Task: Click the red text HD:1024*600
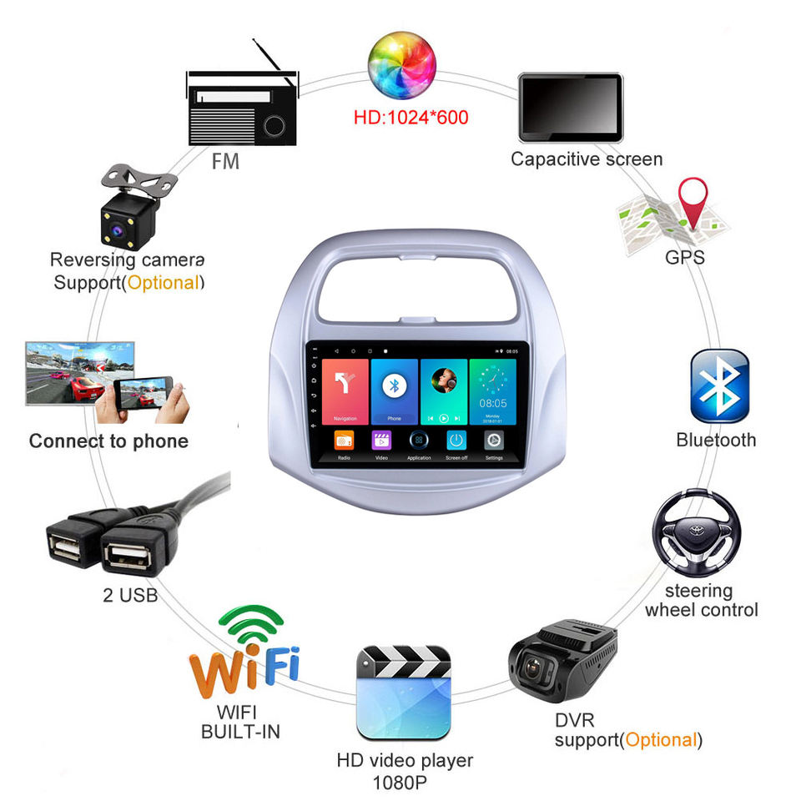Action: coord(411,117)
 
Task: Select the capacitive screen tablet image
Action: coord(571,108)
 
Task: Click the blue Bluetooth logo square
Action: coord(719,385)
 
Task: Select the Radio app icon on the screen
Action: coord(345,441)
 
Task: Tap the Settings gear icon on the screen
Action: coord(494,441)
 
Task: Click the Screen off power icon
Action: coord(456,441)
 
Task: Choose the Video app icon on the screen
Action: coord(381,441)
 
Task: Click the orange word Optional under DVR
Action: coord(661,739)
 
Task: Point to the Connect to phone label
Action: coord(108,441)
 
